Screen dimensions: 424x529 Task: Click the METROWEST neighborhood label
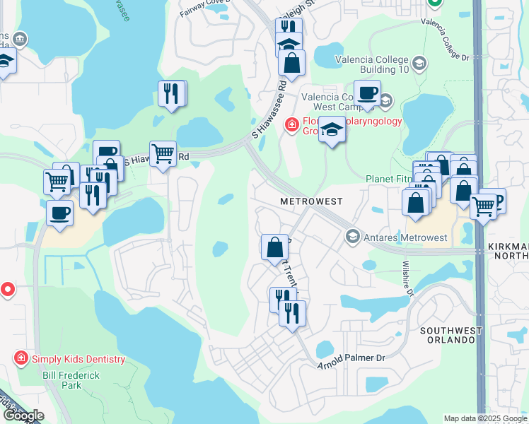point(311,201)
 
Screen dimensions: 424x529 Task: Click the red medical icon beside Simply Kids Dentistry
point(21,359)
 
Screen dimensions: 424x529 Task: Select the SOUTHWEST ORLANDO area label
point(451,335)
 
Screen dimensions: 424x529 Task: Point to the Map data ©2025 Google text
point(484,418)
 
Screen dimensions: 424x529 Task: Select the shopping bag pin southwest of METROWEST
point(274,248)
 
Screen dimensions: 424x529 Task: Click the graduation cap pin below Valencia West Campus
point(331,130)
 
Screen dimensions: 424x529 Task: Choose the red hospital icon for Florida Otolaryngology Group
point(290,125)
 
